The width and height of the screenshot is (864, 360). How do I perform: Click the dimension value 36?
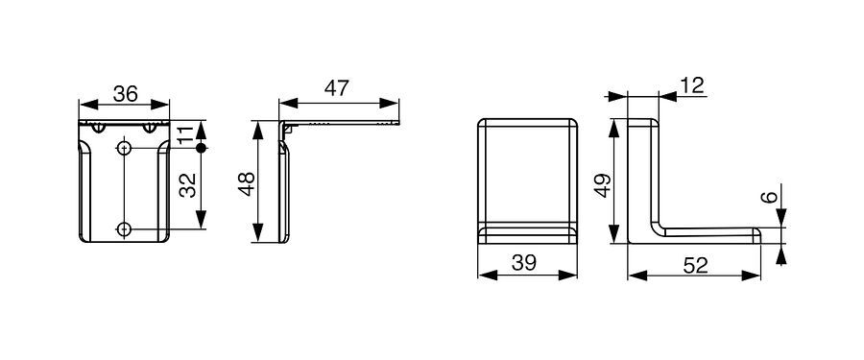point(125,94)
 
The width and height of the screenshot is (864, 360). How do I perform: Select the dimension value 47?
point(336,88)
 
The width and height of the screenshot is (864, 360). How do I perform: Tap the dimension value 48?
point(247,183)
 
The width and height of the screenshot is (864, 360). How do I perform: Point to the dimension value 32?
point(188,185)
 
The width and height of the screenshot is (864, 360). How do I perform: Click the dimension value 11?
point(187,134)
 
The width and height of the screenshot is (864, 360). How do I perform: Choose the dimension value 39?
point(523,263)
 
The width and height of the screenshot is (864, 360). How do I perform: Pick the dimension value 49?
point(603,185)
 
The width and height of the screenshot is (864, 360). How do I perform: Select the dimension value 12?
point(691,86)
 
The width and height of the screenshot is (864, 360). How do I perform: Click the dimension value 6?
point(771,197)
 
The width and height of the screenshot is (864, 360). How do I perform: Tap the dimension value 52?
point(695,266)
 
